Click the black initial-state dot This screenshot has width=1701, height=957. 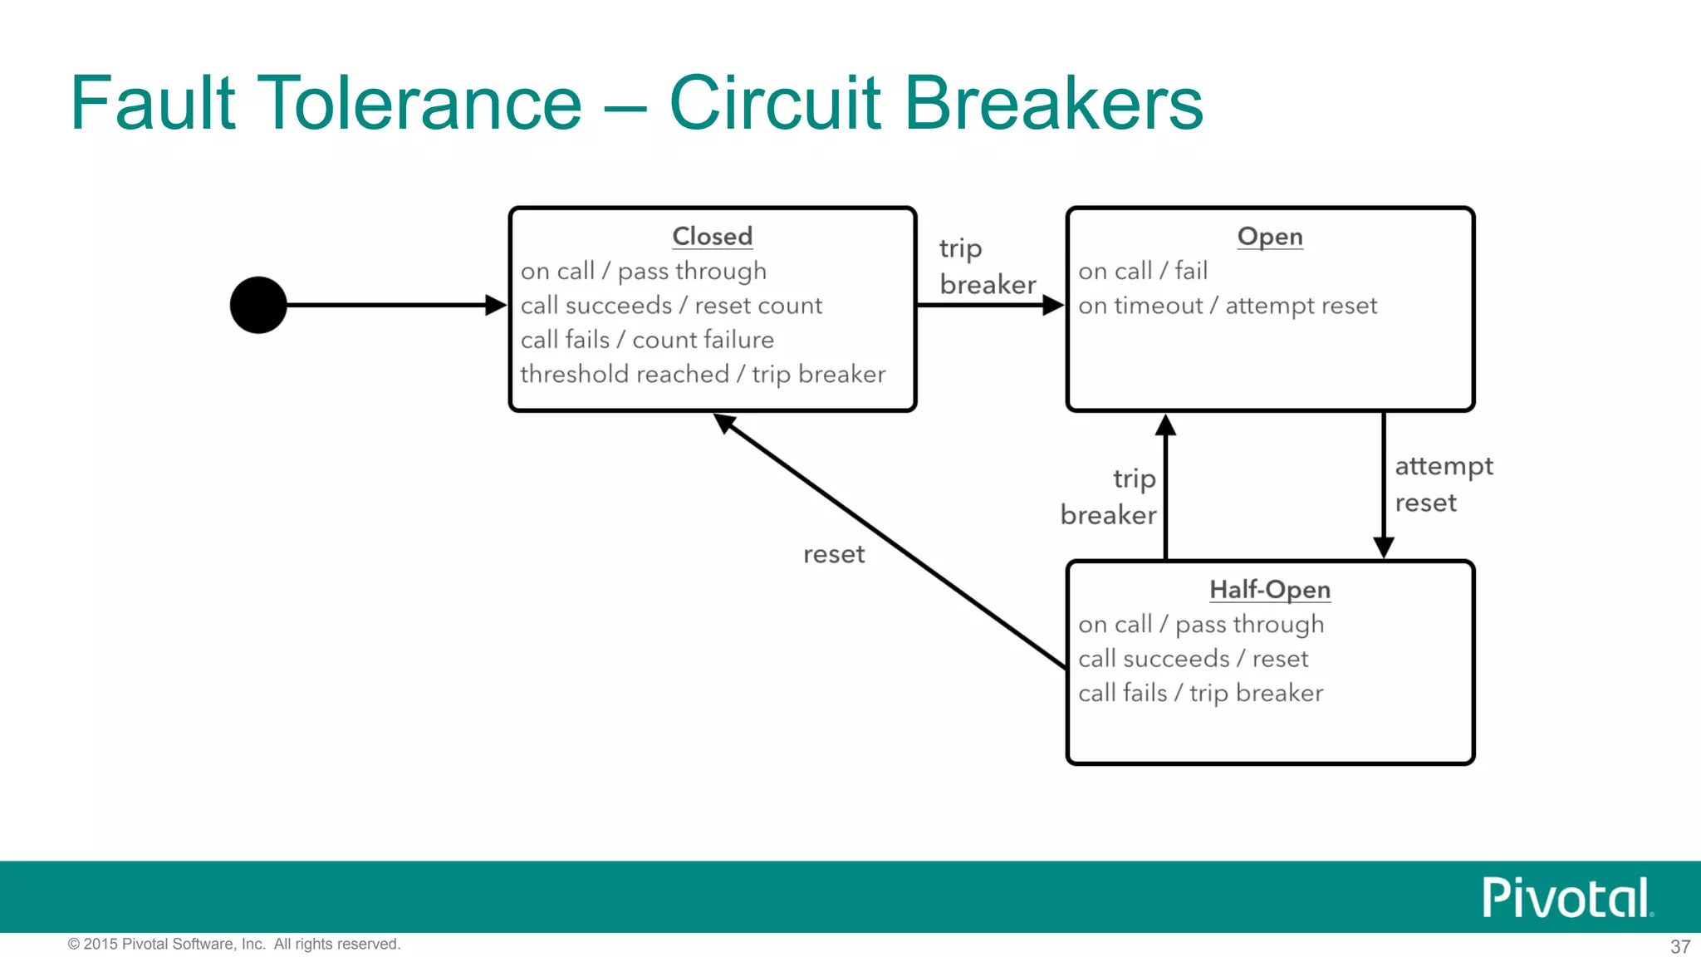point(258,305)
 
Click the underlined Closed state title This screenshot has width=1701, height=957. point(712,236)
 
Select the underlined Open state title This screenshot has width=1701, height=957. point(1269,237)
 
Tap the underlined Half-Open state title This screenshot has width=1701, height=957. point(1269,590)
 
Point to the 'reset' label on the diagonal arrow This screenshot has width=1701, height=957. point(833,554)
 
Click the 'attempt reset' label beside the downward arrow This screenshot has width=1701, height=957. point(1443,484)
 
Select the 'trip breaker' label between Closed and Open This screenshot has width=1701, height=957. point(987,267)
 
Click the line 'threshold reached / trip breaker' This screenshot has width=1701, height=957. point(703,375)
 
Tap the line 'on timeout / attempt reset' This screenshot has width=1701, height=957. point(1227,306)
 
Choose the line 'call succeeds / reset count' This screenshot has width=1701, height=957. point(671,306)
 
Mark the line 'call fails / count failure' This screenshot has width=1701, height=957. point(647,340)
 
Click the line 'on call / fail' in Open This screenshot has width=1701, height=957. point(1142,271)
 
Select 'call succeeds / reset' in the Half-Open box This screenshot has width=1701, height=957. point(1193,659)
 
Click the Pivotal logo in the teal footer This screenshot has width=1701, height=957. point(1566,898)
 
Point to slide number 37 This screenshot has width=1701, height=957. point(1679,946)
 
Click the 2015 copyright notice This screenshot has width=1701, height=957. point(234,944)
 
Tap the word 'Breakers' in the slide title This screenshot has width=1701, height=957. point(1053,103)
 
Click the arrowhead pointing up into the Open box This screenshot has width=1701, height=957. point(1165,425)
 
